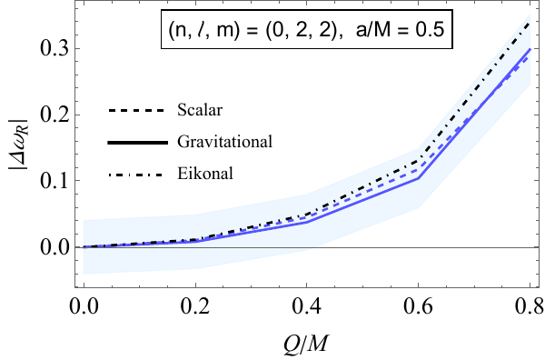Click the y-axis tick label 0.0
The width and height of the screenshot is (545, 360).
click(x=52, y=246)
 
